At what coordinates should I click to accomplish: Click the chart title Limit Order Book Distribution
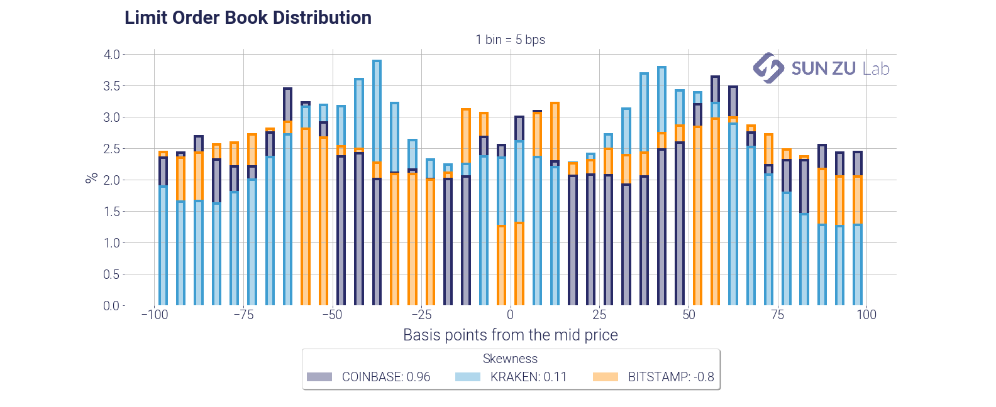point(248,18)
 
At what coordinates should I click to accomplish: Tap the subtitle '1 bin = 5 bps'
point(510,40)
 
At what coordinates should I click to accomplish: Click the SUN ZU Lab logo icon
point(768,68)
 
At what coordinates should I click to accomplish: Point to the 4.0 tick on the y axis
point(112,55)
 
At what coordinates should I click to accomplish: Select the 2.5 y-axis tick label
point(112,149)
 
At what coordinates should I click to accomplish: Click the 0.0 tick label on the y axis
point(112,306)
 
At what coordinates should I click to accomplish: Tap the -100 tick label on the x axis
point(154,315)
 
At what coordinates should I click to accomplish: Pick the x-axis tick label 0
point(510,315)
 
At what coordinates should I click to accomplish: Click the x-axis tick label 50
point(689,315)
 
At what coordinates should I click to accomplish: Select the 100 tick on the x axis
point(866,315)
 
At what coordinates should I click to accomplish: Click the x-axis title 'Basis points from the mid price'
point(510,335)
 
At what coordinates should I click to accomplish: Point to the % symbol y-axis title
point(92,178)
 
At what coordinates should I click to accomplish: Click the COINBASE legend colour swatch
point(319,377)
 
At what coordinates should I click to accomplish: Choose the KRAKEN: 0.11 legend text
point(528,377)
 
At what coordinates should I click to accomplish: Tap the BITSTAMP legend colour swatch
point(606,377)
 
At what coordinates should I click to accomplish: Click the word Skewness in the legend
point(510,359)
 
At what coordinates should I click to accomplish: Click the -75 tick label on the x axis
point(243,315)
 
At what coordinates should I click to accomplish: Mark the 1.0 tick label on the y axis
point(112,243)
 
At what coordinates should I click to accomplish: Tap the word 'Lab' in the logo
point(876,68)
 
